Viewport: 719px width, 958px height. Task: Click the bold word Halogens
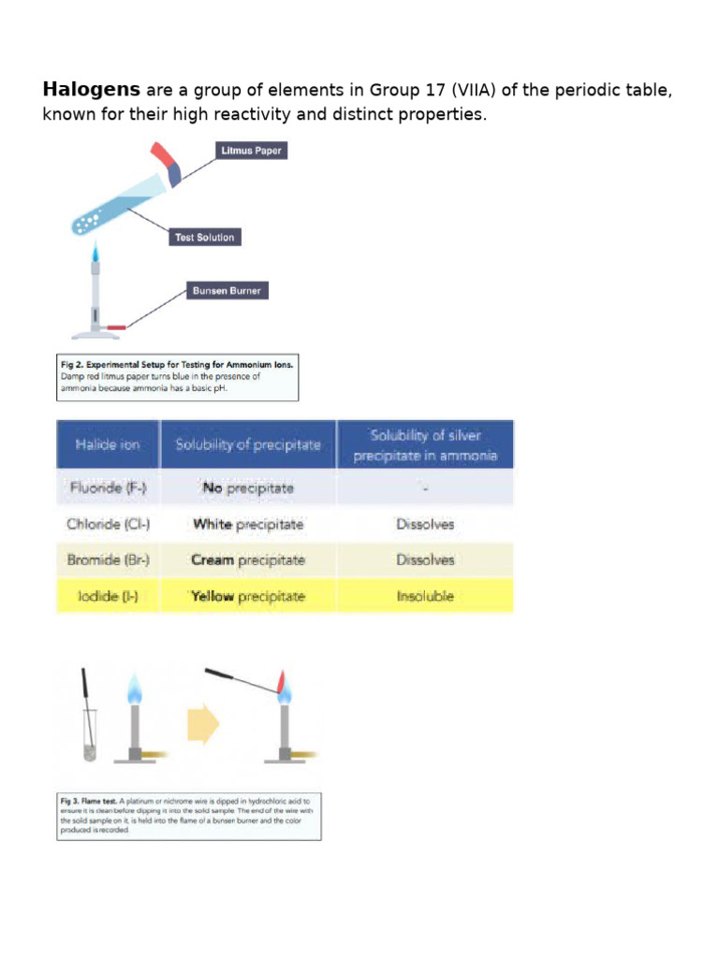click(x=91, y=90)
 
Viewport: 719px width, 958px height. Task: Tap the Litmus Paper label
click(x=250, y=151)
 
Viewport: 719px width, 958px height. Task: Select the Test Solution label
click(x=204, y=238)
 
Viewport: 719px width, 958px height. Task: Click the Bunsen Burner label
click(x=227, y=291)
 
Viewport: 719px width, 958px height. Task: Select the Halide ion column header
click(x=108, y=444)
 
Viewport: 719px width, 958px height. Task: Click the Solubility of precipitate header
click(x=248, y=444)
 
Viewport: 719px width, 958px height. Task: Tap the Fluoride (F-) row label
click(x=108, y=487)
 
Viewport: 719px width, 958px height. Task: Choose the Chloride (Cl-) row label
click(x=108, y=524)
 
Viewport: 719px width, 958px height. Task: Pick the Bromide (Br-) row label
click(x=108, y=559)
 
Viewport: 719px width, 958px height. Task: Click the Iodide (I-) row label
click(x=108, y=595)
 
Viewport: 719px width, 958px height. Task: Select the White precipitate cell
click(x=248, y=524)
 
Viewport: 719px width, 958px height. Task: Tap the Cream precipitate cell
click(x=248, y=559)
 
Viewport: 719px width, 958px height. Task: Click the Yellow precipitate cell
click(x=248, y=595)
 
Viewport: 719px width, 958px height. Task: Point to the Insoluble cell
click(x=425, y=595)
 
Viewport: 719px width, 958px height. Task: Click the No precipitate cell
click(x=248, y=487)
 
